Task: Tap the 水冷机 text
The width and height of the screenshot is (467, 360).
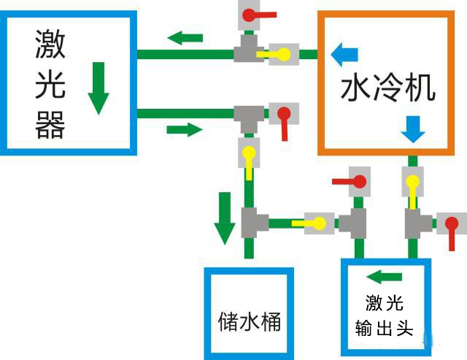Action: pyautogui.click(x=388, y=88)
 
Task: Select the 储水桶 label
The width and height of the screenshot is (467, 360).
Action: pyautogui.click(x=250, y=321)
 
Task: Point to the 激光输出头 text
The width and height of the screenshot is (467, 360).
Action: pyautogui.click(x=384, y=315)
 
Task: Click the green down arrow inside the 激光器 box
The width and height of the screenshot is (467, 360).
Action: pyautogui.click(x=99, y=88)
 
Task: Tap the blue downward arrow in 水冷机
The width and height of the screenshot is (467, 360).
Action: pyautogui.click(x=414, y=129)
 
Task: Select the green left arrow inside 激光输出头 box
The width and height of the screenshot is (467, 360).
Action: pyautogui.click(x=384, y=277)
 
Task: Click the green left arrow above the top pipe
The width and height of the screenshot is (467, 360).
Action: pyautogui.click(x=185, y=37)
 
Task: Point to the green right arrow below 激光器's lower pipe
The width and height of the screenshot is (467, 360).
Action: pyautogui.click(x=184, y=130)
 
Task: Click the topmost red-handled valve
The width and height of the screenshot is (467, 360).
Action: pyautogui.click(x=250, y=14)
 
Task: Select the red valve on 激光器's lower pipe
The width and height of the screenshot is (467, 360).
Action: pyautogui.click(x=283, y=115)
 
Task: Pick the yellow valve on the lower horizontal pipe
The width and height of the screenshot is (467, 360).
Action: pyautogui.click(x=318, y=223)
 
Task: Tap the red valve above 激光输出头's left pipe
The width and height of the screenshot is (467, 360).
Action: pyautogui.click(x=357, y=180)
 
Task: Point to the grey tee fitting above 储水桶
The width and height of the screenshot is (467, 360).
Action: pyautogui.click(x=250, y=222)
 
